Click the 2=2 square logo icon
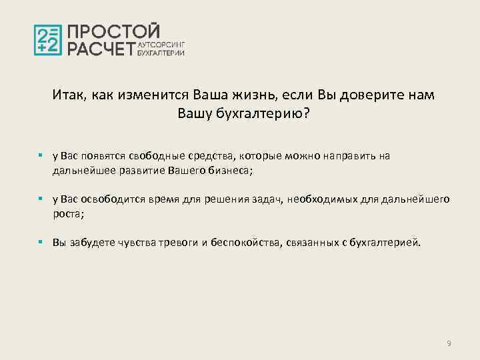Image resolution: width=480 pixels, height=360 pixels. click(x=48, y=40)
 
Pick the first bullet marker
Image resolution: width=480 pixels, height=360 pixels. click(x=41, y=155)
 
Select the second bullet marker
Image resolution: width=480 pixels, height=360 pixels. click(x=41, y=199)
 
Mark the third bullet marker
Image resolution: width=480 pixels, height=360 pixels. click(x=41, y=243)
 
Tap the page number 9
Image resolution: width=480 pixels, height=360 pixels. click(x=449, y=343)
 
